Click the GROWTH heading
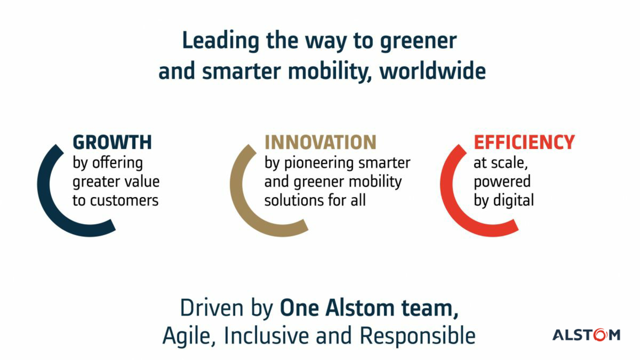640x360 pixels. [x=112, y=142]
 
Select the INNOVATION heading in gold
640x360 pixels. [x=321, y=142]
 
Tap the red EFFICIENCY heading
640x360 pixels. [x=524, y=142]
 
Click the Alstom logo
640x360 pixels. [x=586, y=335]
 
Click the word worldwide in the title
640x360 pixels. [x=433, y=72]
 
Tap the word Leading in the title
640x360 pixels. [x=220, y=41]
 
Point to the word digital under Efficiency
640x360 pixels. [x=514, y=200]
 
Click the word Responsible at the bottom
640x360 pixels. [x=418, y=336]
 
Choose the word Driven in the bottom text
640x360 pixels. [x=212, y=308]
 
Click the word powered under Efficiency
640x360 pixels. [x=502, y=182]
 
